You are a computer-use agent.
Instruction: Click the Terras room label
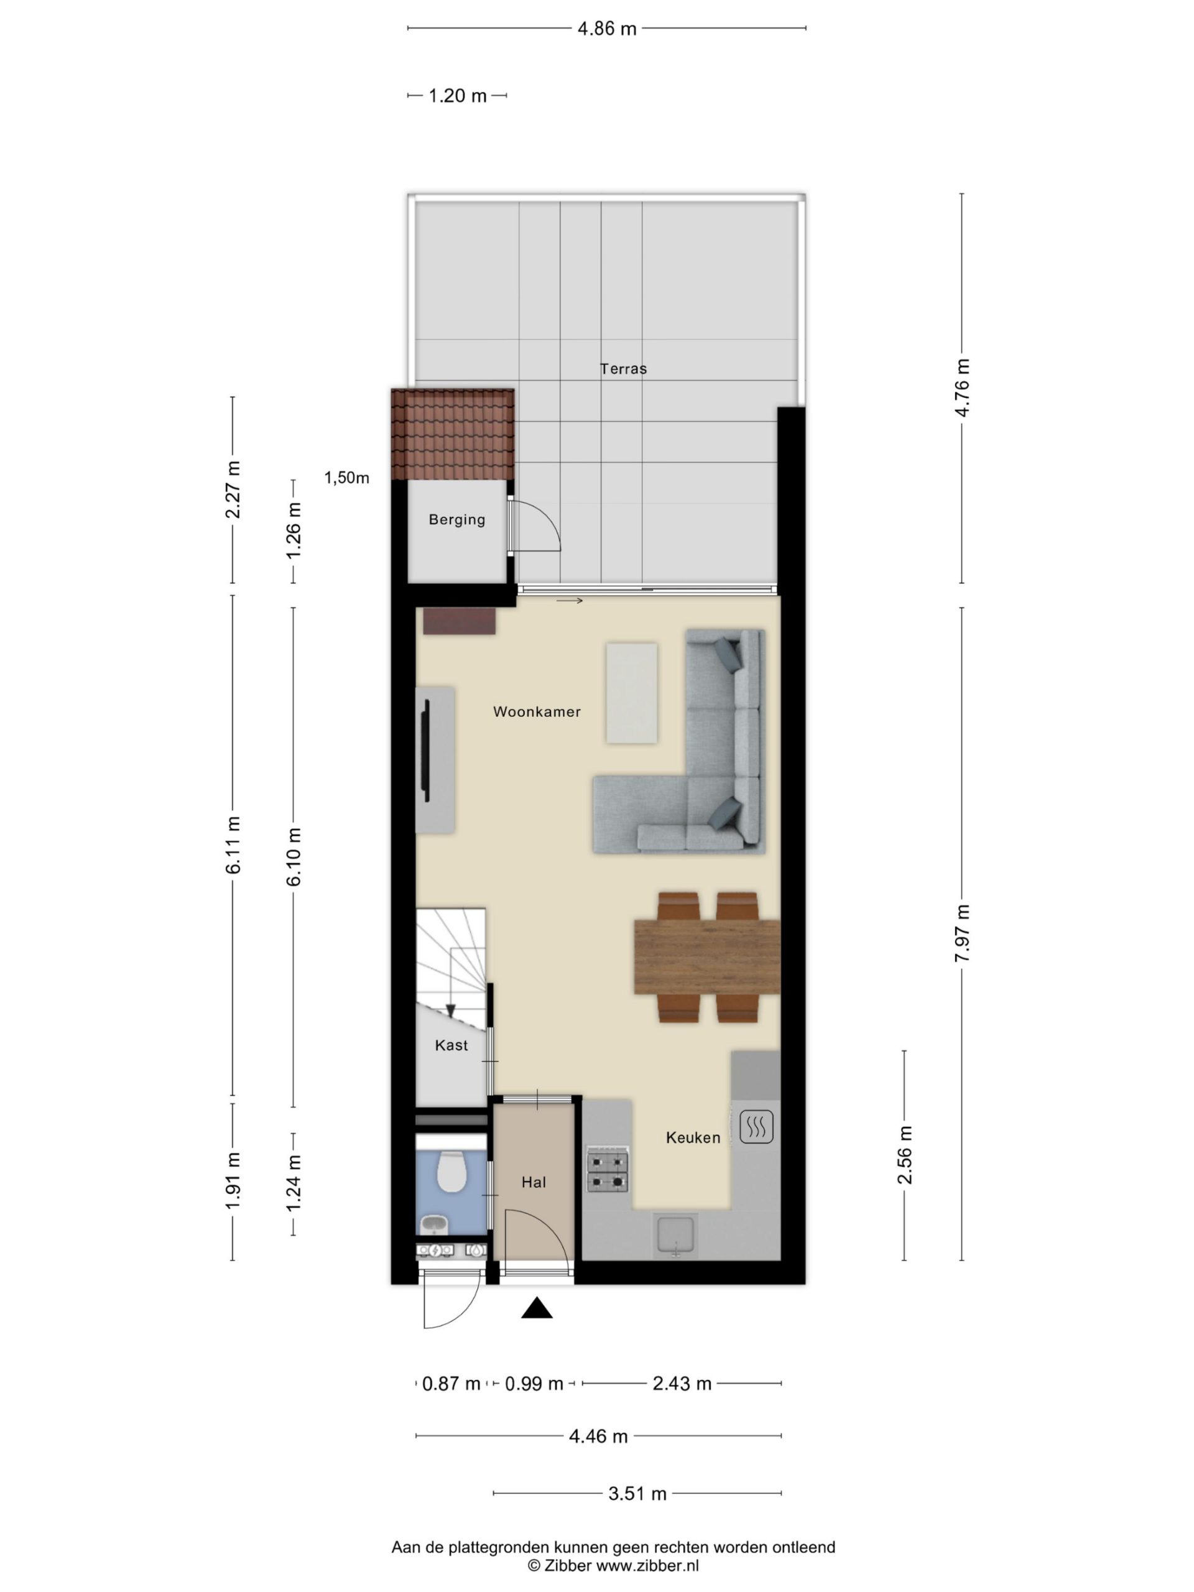point(623,369)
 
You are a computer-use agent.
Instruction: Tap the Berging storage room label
point(457,520)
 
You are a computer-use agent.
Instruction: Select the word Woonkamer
point(537,712)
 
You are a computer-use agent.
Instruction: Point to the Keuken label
point(693,1138)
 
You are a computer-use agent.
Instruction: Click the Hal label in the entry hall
point(534,1182)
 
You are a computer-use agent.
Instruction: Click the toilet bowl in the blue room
point(452,1171)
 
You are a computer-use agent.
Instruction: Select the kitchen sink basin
point(676,1236)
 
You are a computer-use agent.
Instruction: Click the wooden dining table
point(706,956)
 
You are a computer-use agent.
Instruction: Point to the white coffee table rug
point(632,693)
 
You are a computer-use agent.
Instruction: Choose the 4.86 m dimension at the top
point(607,29)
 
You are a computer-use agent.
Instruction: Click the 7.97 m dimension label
point(962,933)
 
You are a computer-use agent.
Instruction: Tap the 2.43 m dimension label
point(682,1383)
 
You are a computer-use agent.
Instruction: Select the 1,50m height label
point(347,478)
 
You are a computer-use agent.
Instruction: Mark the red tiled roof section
point(453,434)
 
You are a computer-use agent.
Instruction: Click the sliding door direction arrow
point(569,600)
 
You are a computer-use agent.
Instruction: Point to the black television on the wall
point(426,751)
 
